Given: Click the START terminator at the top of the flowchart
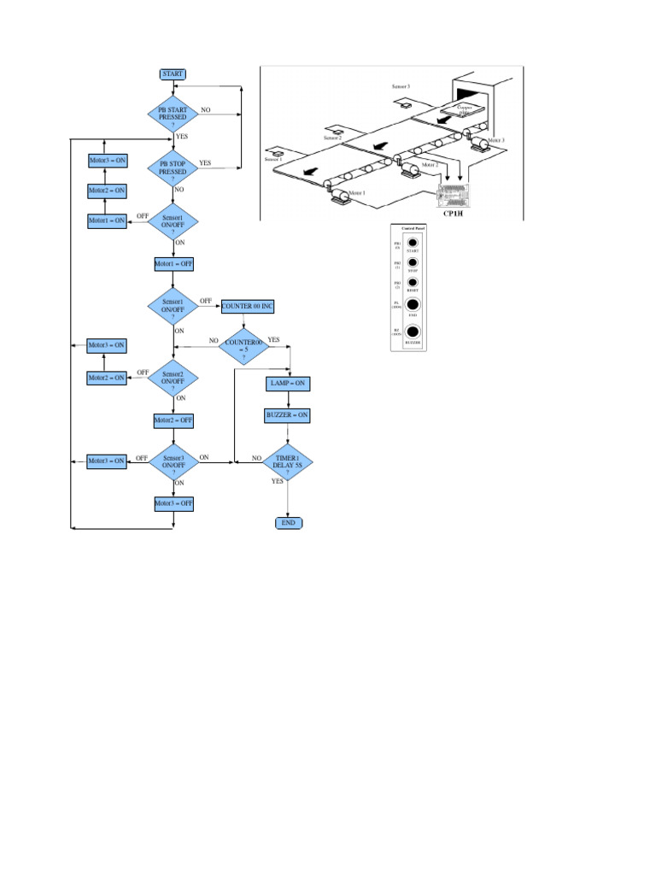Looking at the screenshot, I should [x=173, y=74].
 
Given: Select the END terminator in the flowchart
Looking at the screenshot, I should [x=288, y=522].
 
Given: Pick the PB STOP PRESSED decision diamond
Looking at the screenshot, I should [x=173, y=167].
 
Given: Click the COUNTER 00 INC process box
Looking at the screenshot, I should [x=248, y=307].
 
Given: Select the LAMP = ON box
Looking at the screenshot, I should [x=288, y=384].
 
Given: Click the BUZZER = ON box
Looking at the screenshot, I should [x=288, y=415].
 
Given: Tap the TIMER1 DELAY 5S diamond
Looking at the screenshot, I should [x=288, y=464].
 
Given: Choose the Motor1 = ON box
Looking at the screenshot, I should [x=108, y=220].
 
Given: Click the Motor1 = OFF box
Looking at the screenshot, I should [x=173, y=264].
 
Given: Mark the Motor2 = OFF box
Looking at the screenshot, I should [x=173, y=420].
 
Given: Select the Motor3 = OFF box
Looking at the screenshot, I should [x=173, y=504].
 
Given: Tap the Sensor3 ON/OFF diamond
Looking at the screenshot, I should [x=173, y=463].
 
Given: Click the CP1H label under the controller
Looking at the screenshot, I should [x=453, y=214].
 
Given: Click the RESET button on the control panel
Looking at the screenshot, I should [x=413, y=282].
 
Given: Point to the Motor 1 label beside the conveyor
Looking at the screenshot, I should [x=357, y=193].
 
